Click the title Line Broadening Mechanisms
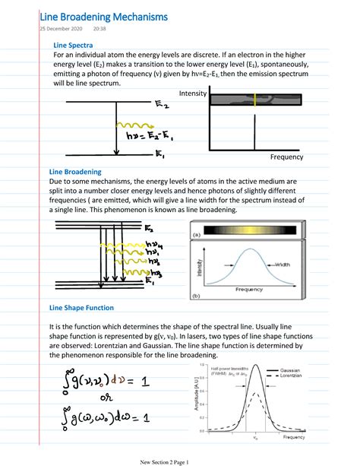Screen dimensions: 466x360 pos(109,16)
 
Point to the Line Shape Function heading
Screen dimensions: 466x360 pos(81,308)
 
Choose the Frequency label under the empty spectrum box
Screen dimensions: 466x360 pos(286,157)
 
